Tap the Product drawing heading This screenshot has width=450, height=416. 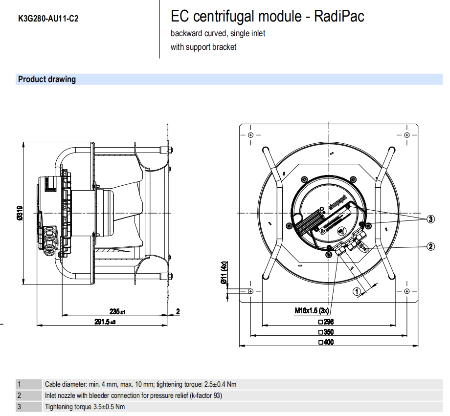click(x=47, y=79)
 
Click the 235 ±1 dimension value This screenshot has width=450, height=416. click(x=117, y=311)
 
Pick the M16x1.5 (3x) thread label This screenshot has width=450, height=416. click(x=313, y=310)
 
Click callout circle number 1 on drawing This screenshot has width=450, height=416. click(x=357, y=291)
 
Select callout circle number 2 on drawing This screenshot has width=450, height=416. click(x=430, y=246)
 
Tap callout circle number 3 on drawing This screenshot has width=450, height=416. click(x=430, y=219)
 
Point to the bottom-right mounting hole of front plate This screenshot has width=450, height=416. click(x=408, y=291)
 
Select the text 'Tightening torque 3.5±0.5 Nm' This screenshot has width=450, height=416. click(x=85, y=407)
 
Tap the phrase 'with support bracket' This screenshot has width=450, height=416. click(x=203, y=47)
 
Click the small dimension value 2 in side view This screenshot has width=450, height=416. click(x=178, y=311)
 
